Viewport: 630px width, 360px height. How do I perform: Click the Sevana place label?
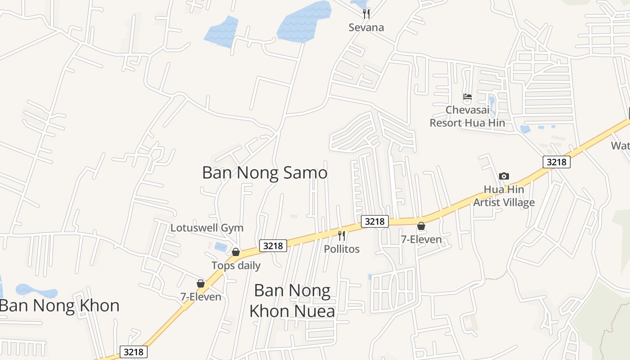pyautogui.click(x=366, y=27)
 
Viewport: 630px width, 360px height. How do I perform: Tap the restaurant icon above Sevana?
pyautogui.click(x=366, y=14)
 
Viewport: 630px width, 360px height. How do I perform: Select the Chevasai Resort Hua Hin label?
pyautogui.click(x=467, y=116)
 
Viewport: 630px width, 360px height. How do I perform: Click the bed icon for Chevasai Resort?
pyautogui.click(x=468, y=96)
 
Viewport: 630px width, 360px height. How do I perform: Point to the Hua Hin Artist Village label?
pyautogui.click(x=504, y=196)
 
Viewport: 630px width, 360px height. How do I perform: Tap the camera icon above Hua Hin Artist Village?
pyautogui.click(x=504, y=176)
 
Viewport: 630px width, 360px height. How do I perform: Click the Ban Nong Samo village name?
pyautogui.click(x=265, y=173)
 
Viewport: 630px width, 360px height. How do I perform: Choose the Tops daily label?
pyautogui.click(x=236, y=265)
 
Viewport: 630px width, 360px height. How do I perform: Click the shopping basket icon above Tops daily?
pyautogui.click(x=236, y=252)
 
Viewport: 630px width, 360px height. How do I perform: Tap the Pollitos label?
pyautogui.click(x=342, y=249)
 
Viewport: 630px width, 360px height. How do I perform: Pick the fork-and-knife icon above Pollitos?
pyautogui.click(x=342, y=235)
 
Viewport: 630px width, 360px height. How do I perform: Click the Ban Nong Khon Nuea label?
pyautogui.click(x=292, y=301)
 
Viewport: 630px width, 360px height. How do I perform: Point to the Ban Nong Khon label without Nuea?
pyautogui.click(x=59, y=306)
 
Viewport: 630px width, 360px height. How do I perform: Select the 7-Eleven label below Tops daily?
pyautogui.click(x=201, y=297)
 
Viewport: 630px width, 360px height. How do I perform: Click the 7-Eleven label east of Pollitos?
pyautogui.click(x=421, y=239)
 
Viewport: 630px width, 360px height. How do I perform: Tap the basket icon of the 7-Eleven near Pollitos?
pyautogui.click(x=421, y=226)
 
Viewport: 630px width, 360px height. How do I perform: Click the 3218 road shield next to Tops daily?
pyautogui.click(x=273, y=246)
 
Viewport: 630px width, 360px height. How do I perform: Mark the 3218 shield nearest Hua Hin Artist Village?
pyautogui.click(x=557, y=162)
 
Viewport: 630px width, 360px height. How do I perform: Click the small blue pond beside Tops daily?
pyautogui.click(x=221, y=247)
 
